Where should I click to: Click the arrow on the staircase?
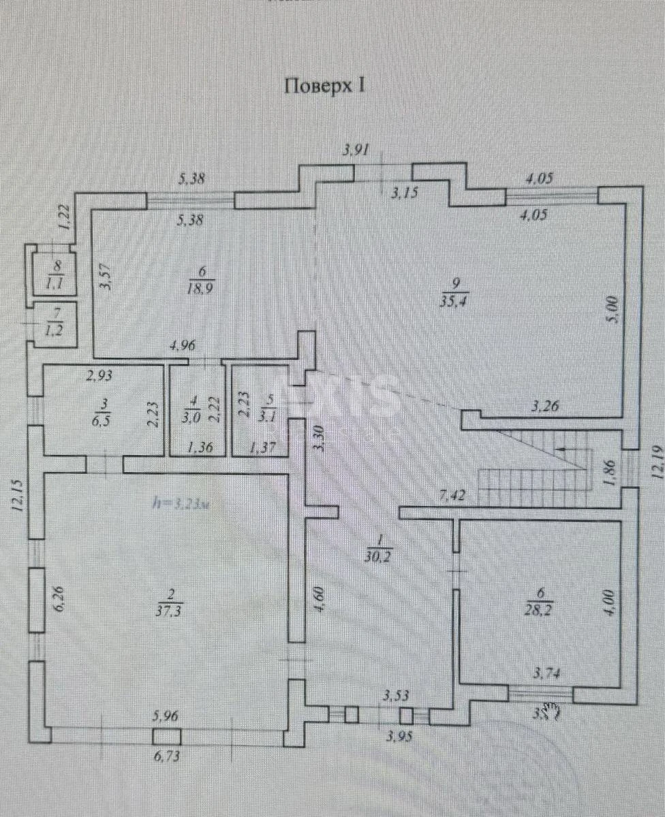tap(561, 449)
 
